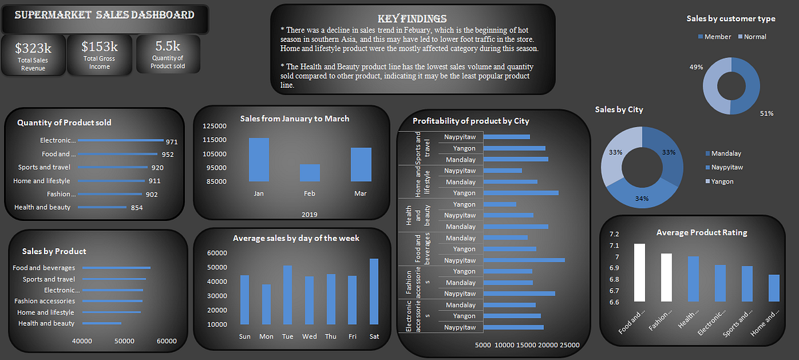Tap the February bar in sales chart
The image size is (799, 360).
point(310,172)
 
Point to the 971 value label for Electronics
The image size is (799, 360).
point(172,142)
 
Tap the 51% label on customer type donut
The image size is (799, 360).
point(766,114)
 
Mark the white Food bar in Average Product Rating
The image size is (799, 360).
point(639,272)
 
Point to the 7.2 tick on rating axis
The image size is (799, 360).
point(614,234)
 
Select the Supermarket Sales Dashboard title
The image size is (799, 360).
point(104,15)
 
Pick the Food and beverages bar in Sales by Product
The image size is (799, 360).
point(117,268)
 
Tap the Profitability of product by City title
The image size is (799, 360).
point(471,121)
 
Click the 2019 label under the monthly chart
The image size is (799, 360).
point(309,214)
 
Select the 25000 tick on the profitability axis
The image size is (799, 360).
point(569,345)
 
